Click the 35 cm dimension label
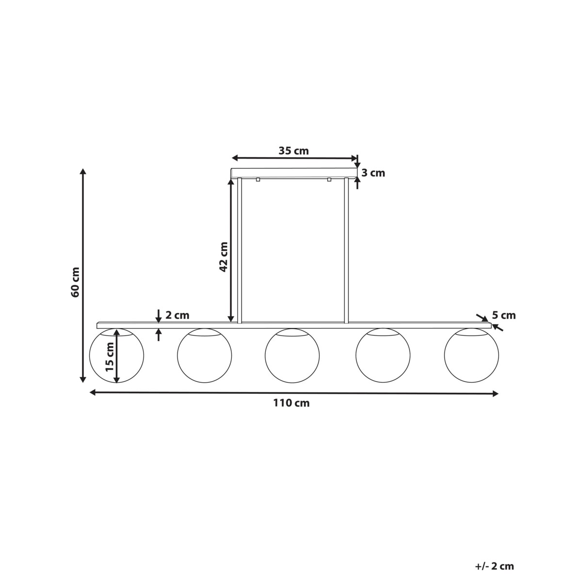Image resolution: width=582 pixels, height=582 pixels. [293, 151]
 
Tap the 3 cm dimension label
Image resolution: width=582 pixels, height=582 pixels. [373, 173]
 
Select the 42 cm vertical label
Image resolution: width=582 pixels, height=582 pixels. [223, 257]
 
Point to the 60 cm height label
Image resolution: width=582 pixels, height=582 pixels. [75, 282]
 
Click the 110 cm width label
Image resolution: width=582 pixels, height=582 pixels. [291, 403]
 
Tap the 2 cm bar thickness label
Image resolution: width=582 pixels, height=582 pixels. [178, 315]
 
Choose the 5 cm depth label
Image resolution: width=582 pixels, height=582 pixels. [504, 315]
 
